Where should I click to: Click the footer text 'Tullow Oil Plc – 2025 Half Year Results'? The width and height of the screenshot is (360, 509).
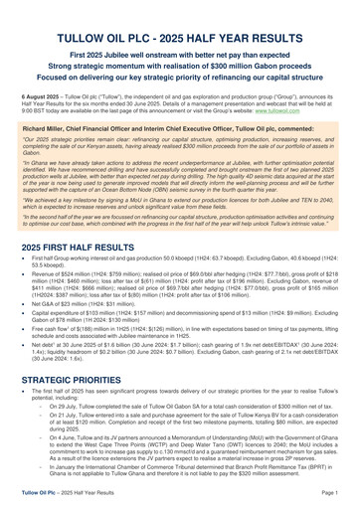pyautogui.click(x=70, y=493)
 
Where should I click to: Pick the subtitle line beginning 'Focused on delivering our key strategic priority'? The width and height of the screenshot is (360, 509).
pyautogui.click(x=180, y=71)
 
